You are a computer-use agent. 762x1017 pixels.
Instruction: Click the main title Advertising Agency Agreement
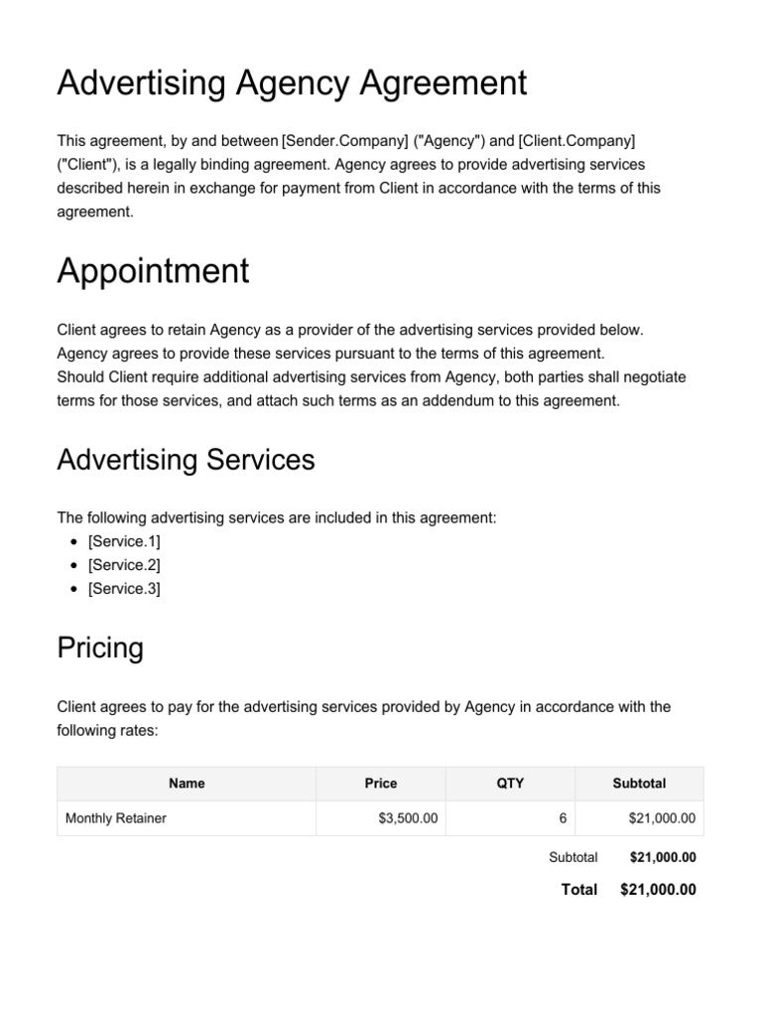coord(292,83)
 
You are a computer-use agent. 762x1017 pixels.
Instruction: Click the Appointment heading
coord(153,271)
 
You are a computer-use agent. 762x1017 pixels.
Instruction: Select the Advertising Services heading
coord(186,460)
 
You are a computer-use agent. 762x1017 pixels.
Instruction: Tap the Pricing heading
coord(100,649)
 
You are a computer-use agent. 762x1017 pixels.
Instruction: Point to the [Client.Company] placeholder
coord(576,140)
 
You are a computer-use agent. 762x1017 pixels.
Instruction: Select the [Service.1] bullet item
coord(124,541)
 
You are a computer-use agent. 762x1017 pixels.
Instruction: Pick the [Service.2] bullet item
coord(124,565)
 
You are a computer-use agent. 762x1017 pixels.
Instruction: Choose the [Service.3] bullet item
coord(124,589)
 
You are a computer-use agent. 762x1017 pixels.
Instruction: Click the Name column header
coord(187,784)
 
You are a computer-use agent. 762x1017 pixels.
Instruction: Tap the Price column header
coord(381,784)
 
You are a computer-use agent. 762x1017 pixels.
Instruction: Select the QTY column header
coord(510,784)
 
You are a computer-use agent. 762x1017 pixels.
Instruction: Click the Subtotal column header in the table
coord(639,784)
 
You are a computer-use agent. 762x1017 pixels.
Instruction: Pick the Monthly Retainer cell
coord(115,819)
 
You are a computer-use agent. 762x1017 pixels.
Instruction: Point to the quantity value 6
coord(563,819)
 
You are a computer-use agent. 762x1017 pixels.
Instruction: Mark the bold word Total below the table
coord(579,890)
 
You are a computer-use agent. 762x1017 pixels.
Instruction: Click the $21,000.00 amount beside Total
coord(658,890)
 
